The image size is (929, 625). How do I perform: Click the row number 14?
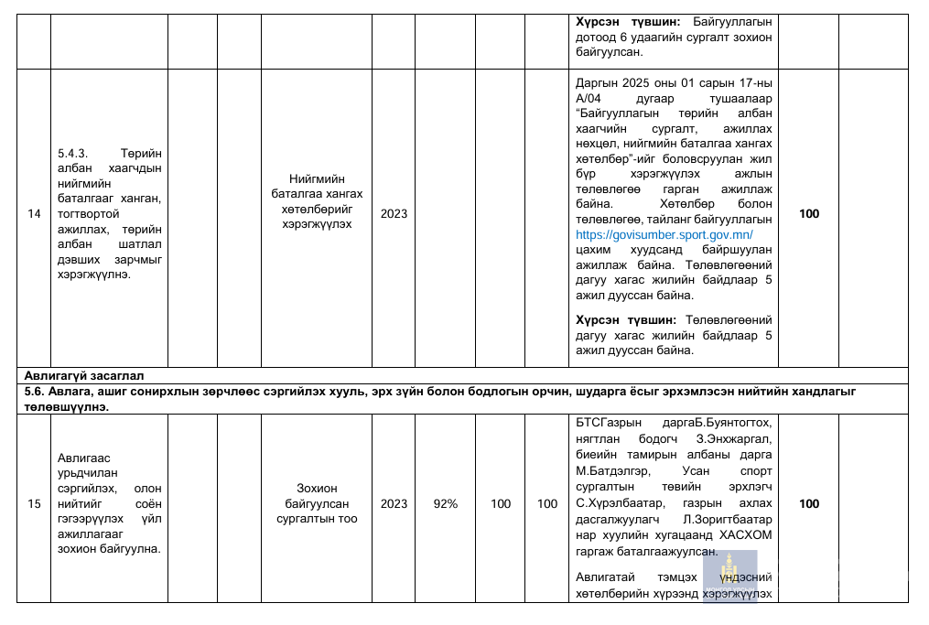[x=35, y=214]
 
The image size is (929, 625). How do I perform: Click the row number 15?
[x=35, y=503]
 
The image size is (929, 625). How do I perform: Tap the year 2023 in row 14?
[x=394, y=214]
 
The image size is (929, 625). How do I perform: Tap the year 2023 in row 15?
[x=394, y=503]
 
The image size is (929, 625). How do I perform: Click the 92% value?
[x=446, y=503]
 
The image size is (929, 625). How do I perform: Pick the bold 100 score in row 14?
[x=809, y=214]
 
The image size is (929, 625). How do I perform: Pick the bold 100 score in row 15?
[x=809, y=503]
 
